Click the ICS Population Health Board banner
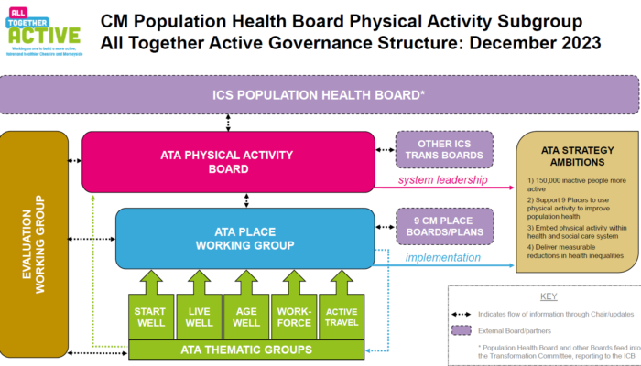pyautogui.click(x=319, y=94)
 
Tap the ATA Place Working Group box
pyautogui.click(x=244, y=238)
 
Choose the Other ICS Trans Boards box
pyautogui.click(x=444, y=149)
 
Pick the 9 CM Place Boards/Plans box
pyautogui.click(x=444, y=227)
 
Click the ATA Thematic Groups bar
pyautogui.click(x=244, y=349)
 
